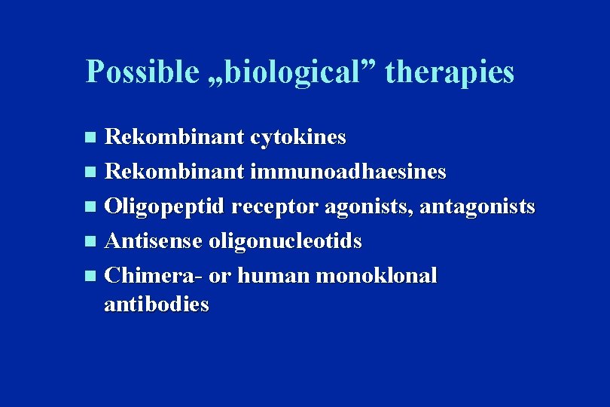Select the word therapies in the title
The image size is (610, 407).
click(450, 72)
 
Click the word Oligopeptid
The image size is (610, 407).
click(166, 207)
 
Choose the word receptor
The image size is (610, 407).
click(276, 207)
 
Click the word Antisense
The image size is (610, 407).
click(154, 241)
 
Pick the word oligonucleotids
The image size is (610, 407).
click(285, 241)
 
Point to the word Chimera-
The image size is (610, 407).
click(154, 276)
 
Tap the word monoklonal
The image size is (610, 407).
click(377, 276)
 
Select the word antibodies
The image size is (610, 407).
click(157, 304)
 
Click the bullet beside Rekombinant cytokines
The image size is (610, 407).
click(90, 138)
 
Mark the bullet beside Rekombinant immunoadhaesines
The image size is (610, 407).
click(90, 173)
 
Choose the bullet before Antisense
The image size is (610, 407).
click(90, 242)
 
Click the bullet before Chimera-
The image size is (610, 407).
click(90, 277)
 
